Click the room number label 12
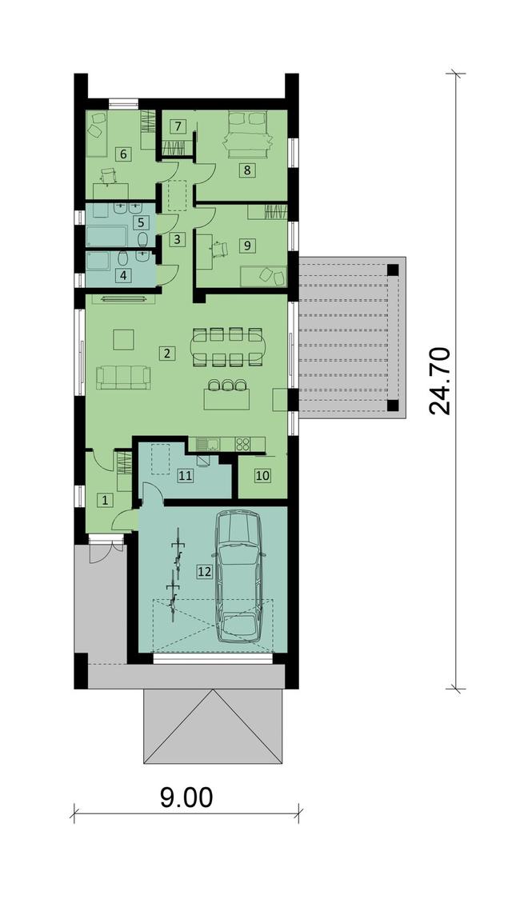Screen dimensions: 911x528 coord(204,571)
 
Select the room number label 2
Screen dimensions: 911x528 coord(166,353)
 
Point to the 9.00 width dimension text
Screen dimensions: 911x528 coord(186,797)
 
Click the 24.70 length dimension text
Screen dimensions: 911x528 coord(439,381)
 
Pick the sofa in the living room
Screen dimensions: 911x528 coord(123,376)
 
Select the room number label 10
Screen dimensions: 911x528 coord(262,475)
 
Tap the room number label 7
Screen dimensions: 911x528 coord(179,126)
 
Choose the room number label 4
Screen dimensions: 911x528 coord(123,275)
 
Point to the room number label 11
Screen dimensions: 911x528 coord(185,475)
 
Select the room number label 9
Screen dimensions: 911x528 coord(247,245)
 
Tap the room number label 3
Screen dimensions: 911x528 coord(178,238)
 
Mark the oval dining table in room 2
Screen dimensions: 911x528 coord(230,346)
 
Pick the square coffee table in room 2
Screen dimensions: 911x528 coord(122,339)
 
